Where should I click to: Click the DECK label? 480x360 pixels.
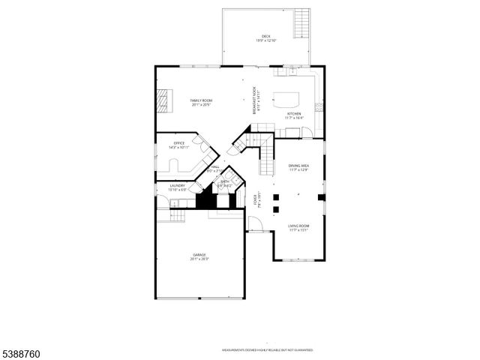click(x=265, y=36)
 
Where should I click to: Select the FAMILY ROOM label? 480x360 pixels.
click(x=199, y=100)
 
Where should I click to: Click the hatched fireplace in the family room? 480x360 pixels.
click(x=164, y=100)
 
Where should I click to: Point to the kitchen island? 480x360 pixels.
click(x=286, y=97)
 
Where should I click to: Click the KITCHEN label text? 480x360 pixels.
click(x=294, y=114)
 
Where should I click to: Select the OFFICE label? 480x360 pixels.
click(x=179, y=143)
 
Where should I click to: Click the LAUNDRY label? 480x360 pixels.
click(x=177, y=185)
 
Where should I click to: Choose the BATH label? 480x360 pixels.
click(x=225, y=181)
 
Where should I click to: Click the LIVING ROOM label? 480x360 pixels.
click(x=298, y=226)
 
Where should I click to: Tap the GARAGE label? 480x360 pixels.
click(x=199, y=255)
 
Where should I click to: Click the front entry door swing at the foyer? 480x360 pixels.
click(x=256, y=223)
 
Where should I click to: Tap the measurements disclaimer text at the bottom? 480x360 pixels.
click(x=267, y=350)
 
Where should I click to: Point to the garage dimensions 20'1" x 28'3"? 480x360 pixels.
click(x=199, y=259)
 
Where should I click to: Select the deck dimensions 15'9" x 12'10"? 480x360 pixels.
click(x=265, y=40)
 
